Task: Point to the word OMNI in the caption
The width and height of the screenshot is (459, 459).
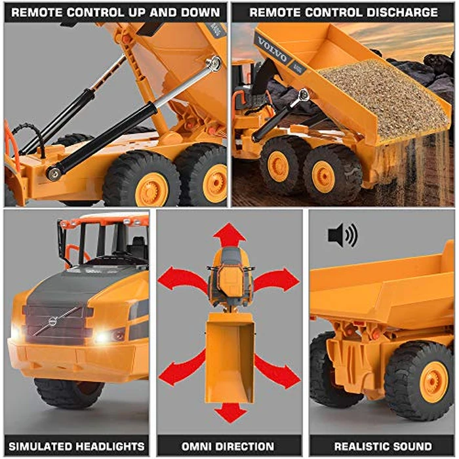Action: pyautogui.click(x=186, y=445)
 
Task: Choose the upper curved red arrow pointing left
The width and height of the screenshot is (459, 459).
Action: pyautogui.click(x=180, y=279)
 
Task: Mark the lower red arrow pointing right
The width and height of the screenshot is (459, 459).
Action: pyautogui.click(x=275, y=370)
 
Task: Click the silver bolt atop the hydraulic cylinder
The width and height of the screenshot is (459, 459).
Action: pyautogui.click(x=212, y=63)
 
